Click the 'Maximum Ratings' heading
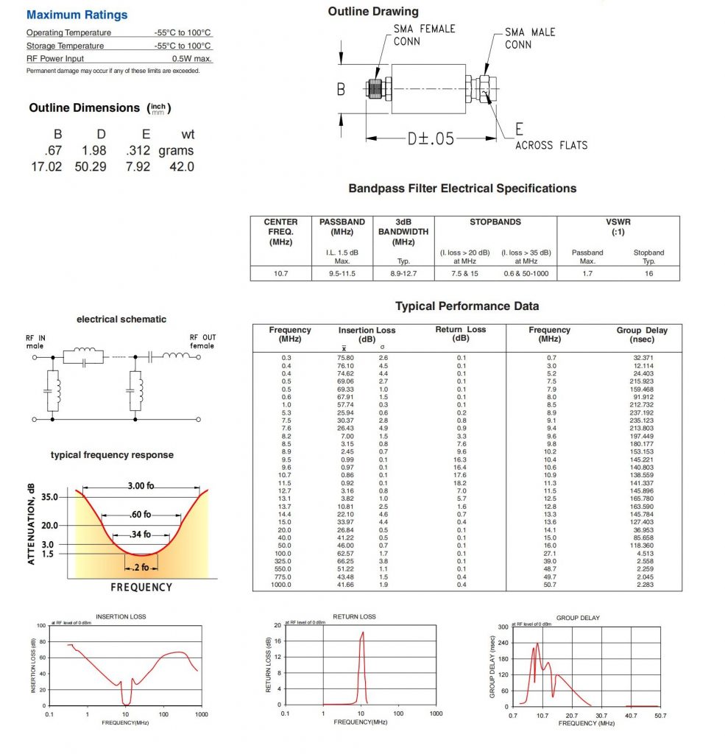point(77,15)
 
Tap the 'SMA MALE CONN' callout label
point(530,38)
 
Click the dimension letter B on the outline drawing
point(341,89)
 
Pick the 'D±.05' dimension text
point(431,138)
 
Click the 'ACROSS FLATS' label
point(551,145)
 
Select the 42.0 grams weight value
point(182,166)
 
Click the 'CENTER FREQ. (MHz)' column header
point(280,231)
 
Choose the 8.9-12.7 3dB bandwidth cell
point(403,273)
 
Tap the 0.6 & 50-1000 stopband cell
point(526,273)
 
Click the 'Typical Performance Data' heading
point(467,306)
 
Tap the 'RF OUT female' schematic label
point(201,342)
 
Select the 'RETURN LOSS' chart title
point(354,616)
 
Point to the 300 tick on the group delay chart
point(504,627)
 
